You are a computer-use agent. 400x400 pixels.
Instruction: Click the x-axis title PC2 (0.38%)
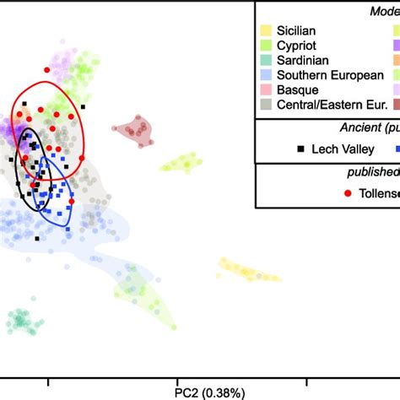pos(210,392)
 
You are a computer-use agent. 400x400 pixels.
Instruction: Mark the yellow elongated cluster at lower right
pos(249,271)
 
